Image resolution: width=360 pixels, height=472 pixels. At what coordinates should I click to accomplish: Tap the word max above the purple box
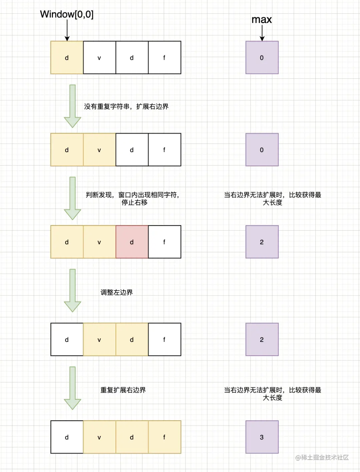pyautogui.click(x=262, y=20)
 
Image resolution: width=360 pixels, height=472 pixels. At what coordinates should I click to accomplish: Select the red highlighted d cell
pyautogui.click(x=132, y=242)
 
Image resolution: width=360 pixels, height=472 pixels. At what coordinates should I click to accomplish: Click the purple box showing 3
pyautogui.click(x=262, y=437)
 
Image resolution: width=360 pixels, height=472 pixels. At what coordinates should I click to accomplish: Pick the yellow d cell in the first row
pyautogui.click(x=67, y=57)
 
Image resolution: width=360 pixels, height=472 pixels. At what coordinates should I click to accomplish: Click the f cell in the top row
pyautogui.click(x=164, y=57)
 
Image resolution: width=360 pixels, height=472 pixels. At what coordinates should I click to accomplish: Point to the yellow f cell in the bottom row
pyautogui.click(x=164, y=437)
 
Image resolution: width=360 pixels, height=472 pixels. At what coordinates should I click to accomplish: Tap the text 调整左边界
pyautogui.click(x=117, y=293)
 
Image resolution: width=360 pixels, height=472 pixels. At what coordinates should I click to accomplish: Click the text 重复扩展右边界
pyautogui.click(x=123, y=390)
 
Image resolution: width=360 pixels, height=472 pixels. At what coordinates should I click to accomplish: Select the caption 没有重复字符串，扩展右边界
pyautogui.click(x=126, y=107)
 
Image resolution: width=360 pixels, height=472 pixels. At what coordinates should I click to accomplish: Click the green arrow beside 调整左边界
pyautogui.click(x=72, y=290)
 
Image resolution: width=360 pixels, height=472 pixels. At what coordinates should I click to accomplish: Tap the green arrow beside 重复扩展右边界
pyautogui.click(x=72, y=388)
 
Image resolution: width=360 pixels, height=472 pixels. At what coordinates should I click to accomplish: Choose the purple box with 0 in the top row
pyautogui.click(x=262, y=57)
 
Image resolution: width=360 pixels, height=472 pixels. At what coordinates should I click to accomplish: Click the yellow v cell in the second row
pyautogui.click(x=99, y=150)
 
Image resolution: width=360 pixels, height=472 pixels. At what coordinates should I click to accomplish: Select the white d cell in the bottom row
pyautogui.click(x=67, y=437)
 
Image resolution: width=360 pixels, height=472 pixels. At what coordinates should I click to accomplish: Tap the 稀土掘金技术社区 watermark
pyautogui.click(x=322, y=457)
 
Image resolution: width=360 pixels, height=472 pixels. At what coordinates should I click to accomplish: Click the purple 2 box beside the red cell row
pyautogui.click(x=262, y=242)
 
